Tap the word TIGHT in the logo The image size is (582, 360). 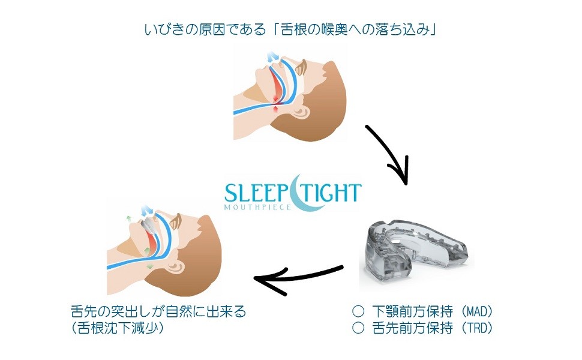332,193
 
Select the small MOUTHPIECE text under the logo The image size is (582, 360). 257,207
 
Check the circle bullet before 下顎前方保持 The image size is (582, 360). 358,311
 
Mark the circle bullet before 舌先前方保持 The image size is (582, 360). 358,328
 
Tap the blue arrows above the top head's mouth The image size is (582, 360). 274,58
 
